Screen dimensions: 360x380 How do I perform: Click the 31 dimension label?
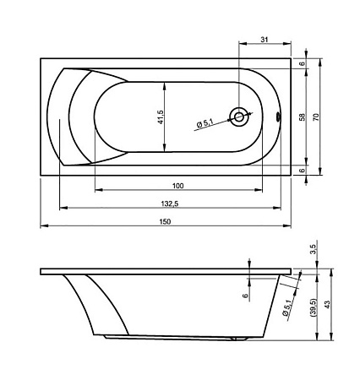(x=264, y=40)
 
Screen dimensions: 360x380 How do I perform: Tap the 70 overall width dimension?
(x=316, y=117)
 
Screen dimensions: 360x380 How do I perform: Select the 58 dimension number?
(x=302, y=117)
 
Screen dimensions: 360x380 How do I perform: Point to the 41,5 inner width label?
(x=161, y=117)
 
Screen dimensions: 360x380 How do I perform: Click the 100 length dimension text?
(x=177, y=186)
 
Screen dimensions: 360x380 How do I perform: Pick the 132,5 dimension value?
(x=170, y=204)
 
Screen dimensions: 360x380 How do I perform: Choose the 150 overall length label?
(x=165, y=221)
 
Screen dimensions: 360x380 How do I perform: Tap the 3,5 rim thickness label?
(x=314, y=249)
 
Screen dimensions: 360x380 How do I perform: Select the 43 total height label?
(x=327, y=304)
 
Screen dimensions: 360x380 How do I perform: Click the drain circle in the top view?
(x=239, y=117)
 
